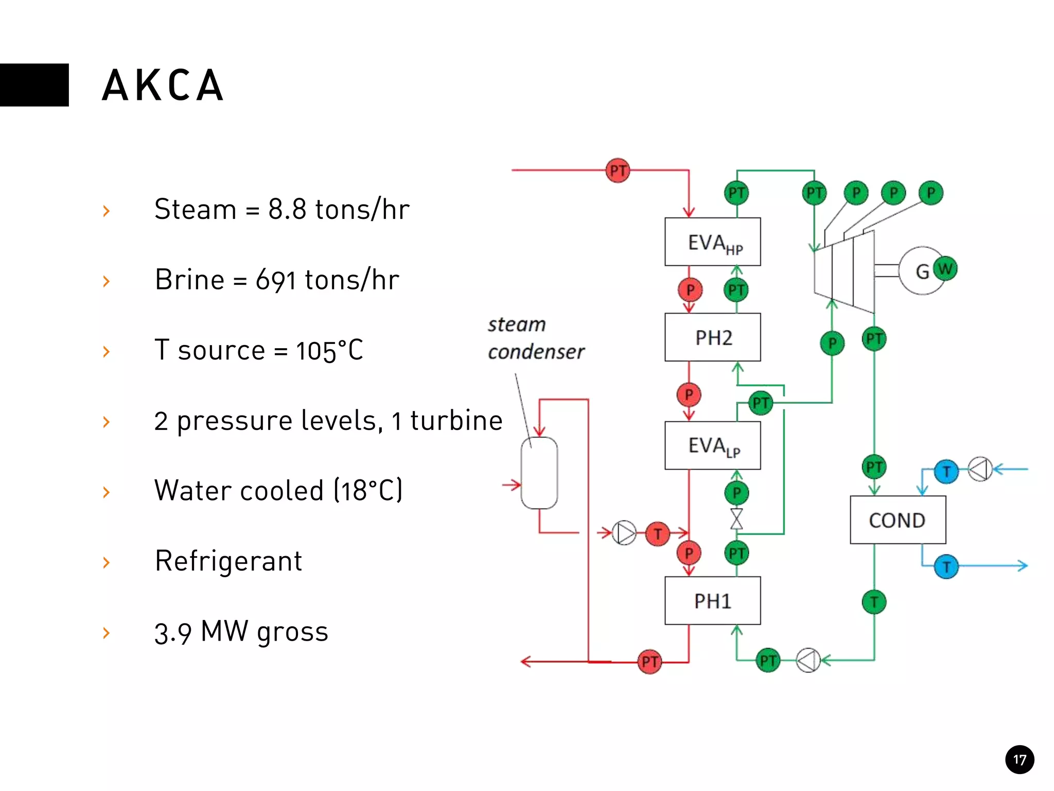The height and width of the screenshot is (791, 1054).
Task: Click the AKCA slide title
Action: point(163,85)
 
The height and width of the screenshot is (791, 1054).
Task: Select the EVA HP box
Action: point(712,242)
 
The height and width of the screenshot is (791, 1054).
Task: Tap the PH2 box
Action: point(712,337)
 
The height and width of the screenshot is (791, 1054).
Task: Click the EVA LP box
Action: point(712,445)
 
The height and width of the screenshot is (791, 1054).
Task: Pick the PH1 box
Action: point(712,600)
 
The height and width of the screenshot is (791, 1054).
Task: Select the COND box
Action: point(897,520)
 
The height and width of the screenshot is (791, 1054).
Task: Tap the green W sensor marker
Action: point(945,268)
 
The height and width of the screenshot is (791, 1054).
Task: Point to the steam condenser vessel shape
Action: point(539,473)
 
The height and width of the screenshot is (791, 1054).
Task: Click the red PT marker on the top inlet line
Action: point(618,170)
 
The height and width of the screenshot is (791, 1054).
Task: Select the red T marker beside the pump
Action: point(657,534)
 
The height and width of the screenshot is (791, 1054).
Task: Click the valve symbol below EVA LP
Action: point(736,519)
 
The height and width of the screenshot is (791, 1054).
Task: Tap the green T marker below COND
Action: point(874,601)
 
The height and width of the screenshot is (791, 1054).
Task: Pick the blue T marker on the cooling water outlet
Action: point(946,566)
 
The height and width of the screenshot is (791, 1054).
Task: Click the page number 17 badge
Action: point(1019,759)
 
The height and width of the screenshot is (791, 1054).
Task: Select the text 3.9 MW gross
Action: point(241,632)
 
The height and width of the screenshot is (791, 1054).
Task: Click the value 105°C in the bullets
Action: point(329,351)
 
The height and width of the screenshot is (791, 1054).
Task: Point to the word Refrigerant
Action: point(229,561)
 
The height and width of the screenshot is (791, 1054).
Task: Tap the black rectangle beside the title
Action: point(34,85)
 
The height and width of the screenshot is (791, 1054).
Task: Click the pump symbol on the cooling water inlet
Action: point(980,469)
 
